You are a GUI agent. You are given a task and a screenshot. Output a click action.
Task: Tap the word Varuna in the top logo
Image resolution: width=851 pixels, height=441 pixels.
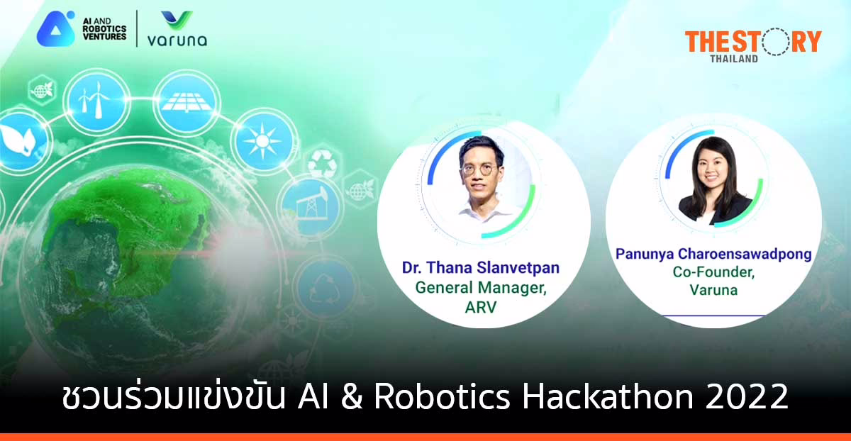(x=177, y=40)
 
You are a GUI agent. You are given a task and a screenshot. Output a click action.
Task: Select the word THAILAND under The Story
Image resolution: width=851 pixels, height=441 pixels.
(x=735, y=57)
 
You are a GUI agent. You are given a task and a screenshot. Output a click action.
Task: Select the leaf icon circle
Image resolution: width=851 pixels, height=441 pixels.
(x=16, y=140)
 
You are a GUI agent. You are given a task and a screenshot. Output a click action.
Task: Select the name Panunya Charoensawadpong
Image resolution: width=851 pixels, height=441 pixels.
(x=713, y=254)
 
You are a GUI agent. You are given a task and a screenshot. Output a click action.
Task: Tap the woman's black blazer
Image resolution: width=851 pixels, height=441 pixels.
(x=713, y=208)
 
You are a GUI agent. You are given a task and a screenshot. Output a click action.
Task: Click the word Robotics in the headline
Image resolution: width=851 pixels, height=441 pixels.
(x=440, y=398)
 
